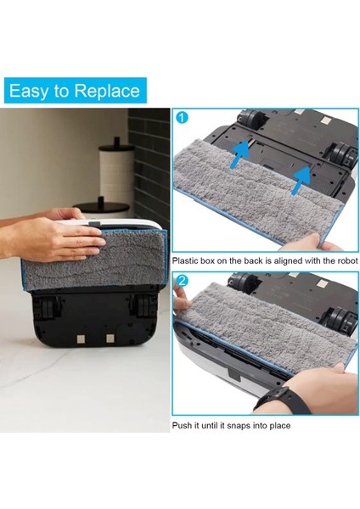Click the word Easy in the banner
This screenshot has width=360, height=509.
tap(36, 91)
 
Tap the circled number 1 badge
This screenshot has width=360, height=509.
tap(181, 117)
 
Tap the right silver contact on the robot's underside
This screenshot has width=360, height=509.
tap(110, 339)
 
